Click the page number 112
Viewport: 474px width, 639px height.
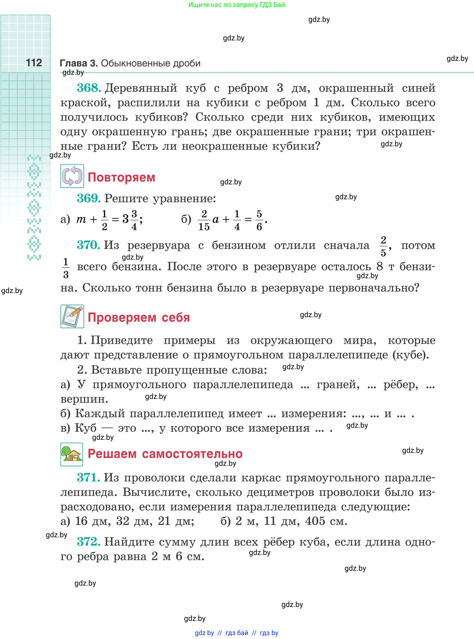point(34,63)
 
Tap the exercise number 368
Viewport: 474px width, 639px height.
point(89,88)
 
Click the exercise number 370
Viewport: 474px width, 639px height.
point(88,245)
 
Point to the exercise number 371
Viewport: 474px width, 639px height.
point(88,478)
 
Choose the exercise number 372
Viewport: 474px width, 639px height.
point(89,542)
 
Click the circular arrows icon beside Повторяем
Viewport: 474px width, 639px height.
point(72,176)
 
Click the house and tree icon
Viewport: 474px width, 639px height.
point(72,454)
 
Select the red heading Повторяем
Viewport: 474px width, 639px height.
point(121,177)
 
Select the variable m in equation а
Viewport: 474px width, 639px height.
point(81,220)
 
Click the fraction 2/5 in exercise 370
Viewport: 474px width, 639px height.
point(383,246)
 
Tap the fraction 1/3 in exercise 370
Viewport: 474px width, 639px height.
point(66,268)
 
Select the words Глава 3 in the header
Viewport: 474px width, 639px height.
point(79,63)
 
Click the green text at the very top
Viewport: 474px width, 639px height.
point(237,5)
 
